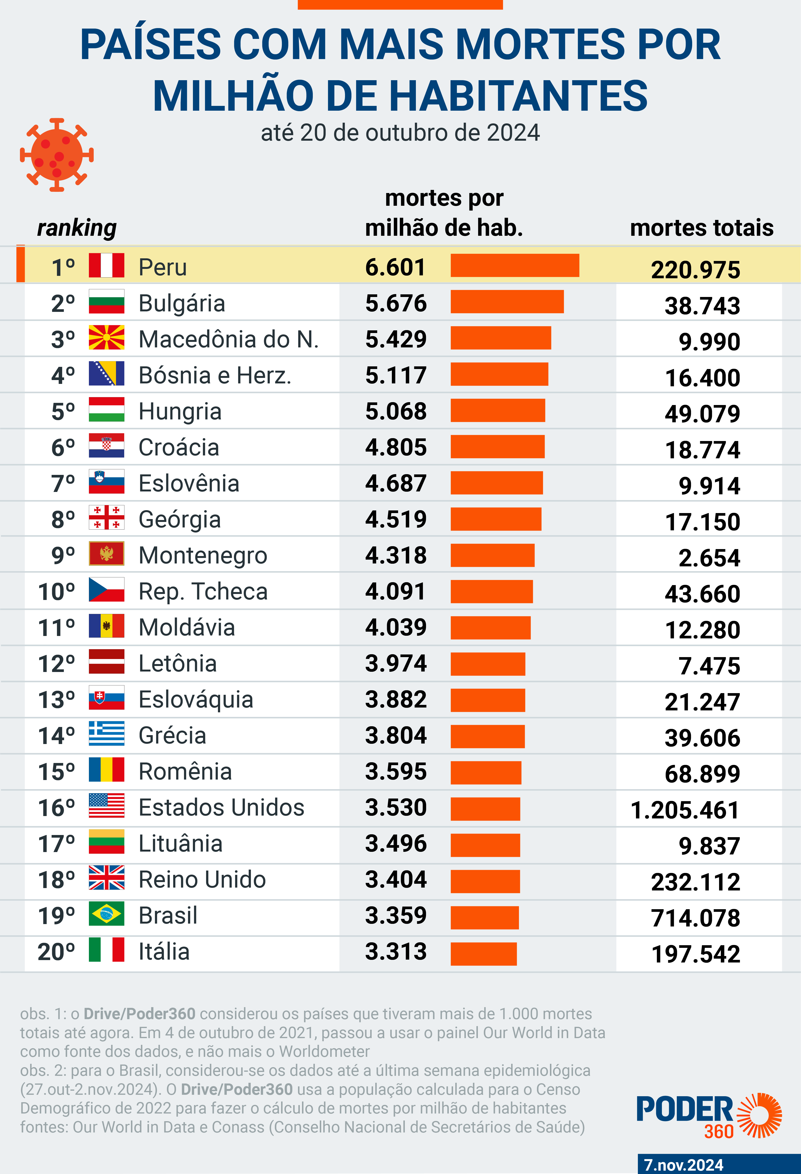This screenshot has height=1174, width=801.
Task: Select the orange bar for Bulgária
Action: pyautogui.click(x=507, y=302)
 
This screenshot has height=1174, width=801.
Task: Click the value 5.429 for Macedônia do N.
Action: pyautogui.click(x=396, y=339)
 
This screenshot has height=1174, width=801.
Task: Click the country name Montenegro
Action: pyautogui.click(x=203, y=555)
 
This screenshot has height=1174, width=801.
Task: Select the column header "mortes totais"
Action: pyautogui.click(x=702, y=228)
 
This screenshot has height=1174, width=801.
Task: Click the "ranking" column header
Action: pyautogui.click(x=77, y=228)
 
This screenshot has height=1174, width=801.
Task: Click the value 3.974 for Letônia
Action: pyautogui.click(x=396, y=663)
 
